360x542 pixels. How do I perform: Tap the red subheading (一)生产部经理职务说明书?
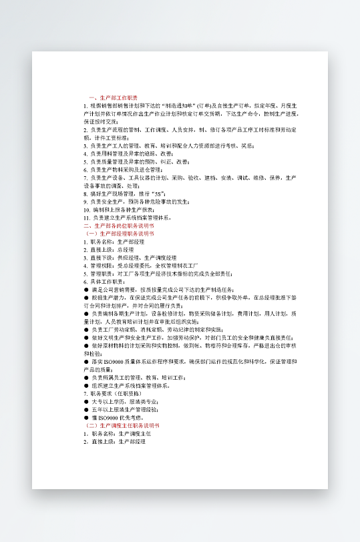coord(120,234)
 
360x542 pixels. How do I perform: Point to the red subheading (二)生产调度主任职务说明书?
coord(123,425)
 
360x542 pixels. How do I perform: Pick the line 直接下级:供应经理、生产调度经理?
coord(130,258)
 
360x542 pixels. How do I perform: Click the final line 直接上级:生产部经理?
coord(114,441)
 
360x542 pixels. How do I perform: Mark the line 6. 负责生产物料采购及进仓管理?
coord(127,170)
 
